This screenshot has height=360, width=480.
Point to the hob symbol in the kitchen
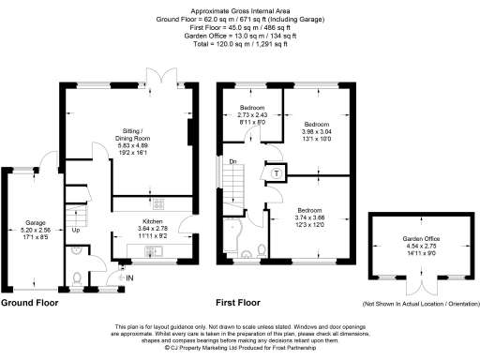click(x=160, y=205)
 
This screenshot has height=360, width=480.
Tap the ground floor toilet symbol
click(x=78, y=277)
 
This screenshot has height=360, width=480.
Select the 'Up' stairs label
click(x=76, y=230)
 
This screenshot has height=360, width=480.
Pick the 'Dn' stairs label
click(x=232, y=162)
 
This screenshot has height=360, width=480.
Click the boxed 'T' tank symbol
click(x=277, y=172)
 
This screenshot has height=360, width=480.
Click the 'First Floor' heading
click(x=238, y=304)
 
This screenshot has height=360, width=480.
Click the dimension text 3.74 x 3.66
click(x=310, y=218)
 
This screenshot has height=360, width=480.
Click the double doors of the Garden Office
click(x=421, y=281)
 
